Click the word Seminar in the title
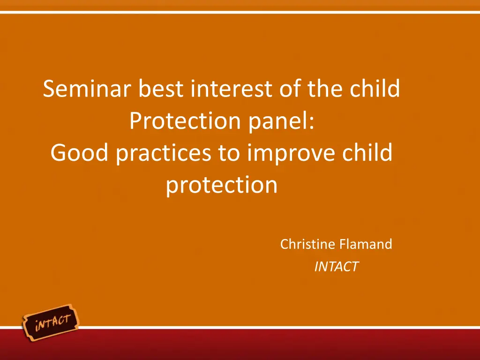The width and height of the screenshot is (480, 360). click(x=87, y=88)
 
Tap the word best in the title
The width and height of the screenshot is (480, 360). click(x=161, y=88)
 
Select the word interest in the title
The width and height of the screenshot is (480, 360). click(x=232, y=88)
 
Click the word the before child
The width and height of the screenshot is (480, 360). click(x=325, y=88)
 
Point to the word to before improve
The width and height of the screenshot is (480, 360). click(x=229, y=153)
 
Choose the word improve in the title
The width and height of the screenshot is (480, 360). click(x=291, y=154)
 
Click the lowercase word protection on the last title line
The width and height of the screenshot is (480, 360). click(x=222, y=186)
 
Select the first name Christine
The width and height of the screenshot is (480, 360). click(x=307, y=244)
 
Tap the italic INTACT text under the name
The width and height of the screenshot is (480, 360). click(x=336, y=266)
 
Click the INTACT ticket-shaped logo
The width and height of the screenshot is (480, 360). click(x=51, y=322)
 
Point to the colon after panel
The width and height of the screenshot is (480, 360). click(x=312, y=124)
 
